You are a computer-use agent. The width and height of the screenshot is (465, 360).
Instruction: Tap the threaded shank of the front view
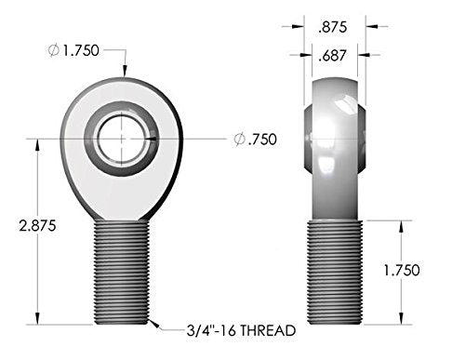pyautogui.click(x=121, y=270)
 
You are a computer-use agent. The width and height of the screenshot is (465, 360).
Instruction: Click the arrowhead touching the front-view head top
pyautogui.click(x=125, y=73)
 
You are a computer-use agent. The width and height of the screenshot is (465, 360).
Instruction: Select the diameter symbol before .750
pyautogui.click(x=238, y=140)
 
